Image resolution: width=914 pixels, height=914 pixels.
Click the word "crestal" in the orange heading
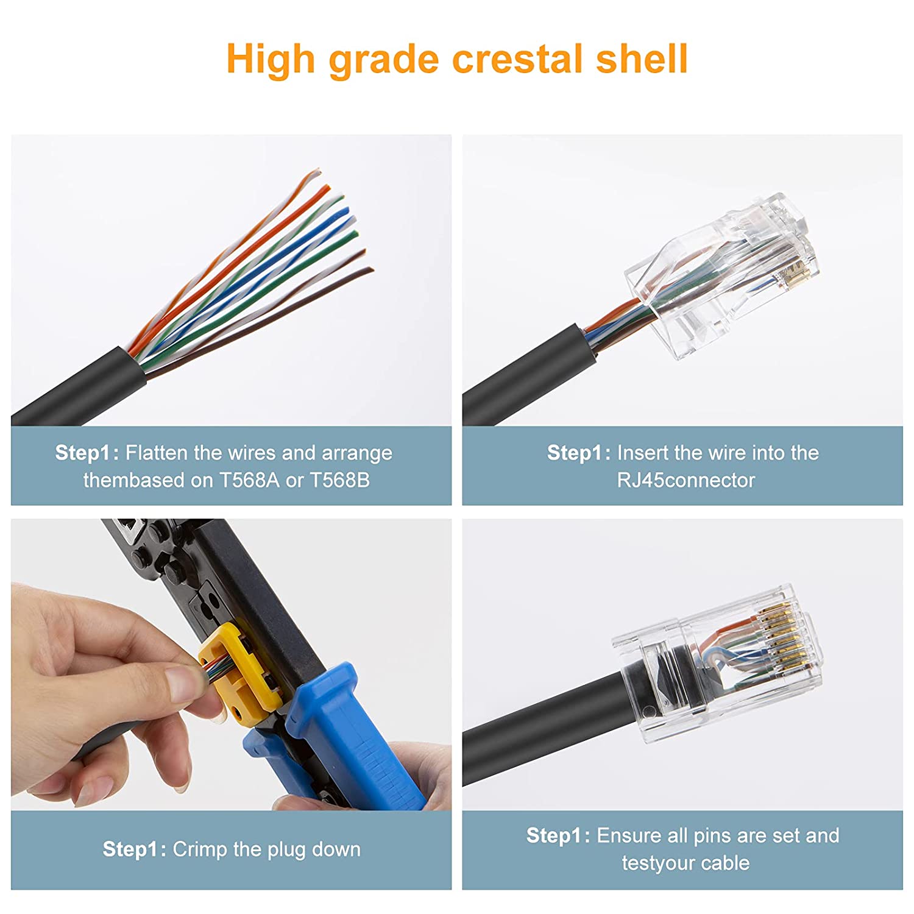point(517,59)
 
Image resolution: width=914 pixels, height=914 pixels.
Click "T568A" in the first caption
point(249,480)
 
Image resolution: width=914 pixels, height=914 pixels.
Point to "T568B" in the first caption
point(339,480)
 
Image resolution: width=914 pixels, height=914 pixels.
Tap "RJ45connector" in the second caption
point(685,480)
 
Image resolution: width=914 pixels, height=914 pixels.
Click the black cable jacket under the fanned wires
point(79,387)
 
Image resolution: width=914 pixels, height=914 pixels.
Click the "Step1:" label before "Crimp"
point(134,849)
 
